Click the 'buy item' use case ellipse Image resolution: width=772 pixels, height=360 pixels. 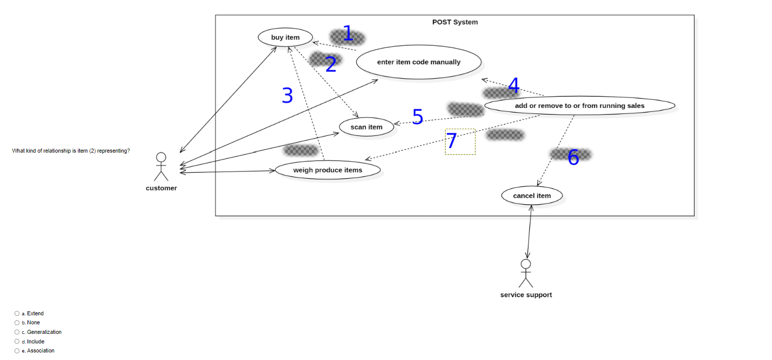(285, 37)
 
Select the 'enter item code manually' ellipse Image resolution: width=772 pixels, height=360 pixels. (418, 62)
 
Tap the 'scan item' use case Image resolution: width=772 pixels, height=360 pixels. (366, 127)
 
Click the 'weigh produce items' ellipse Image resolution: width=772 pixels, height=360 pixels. (327, 170)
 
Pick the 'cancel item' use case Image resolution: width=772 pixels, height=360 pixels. (532, 196)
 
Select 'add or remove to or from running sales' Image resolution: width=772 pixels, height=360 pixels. (579, 106)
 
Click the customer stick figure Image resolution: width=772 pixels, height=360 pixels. (161, 166)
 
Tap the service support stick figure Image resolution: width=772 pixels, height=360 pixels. (525, 273)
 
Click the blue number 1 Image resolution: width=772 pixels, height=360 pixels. (347, 34)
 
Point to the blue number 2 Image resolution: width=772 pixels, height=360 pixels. (330, 64)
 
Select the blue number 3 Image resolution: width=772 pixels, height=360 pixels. (287, 95)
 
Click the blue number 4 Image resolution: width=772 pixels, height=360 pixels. (513, 86)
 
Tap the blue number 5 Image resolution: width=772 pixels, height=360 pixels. (417, 116)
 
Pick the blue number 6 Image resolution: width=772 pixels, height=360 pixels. (573, 158)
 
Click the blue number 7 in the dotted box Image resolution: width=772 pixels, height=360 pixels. (452, 141)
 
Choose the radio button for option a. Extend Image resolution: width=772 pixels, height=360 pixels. (17, 313)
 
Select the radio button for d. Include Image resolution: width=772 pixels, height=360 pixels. (17, 341)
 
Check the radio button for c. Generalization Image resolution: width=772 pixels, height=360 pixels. (17, 332)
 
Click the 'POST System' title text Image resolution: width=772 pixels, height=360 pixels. (455, 22)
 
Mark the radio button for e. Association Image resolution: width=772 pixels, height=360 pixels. (17, 350)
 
